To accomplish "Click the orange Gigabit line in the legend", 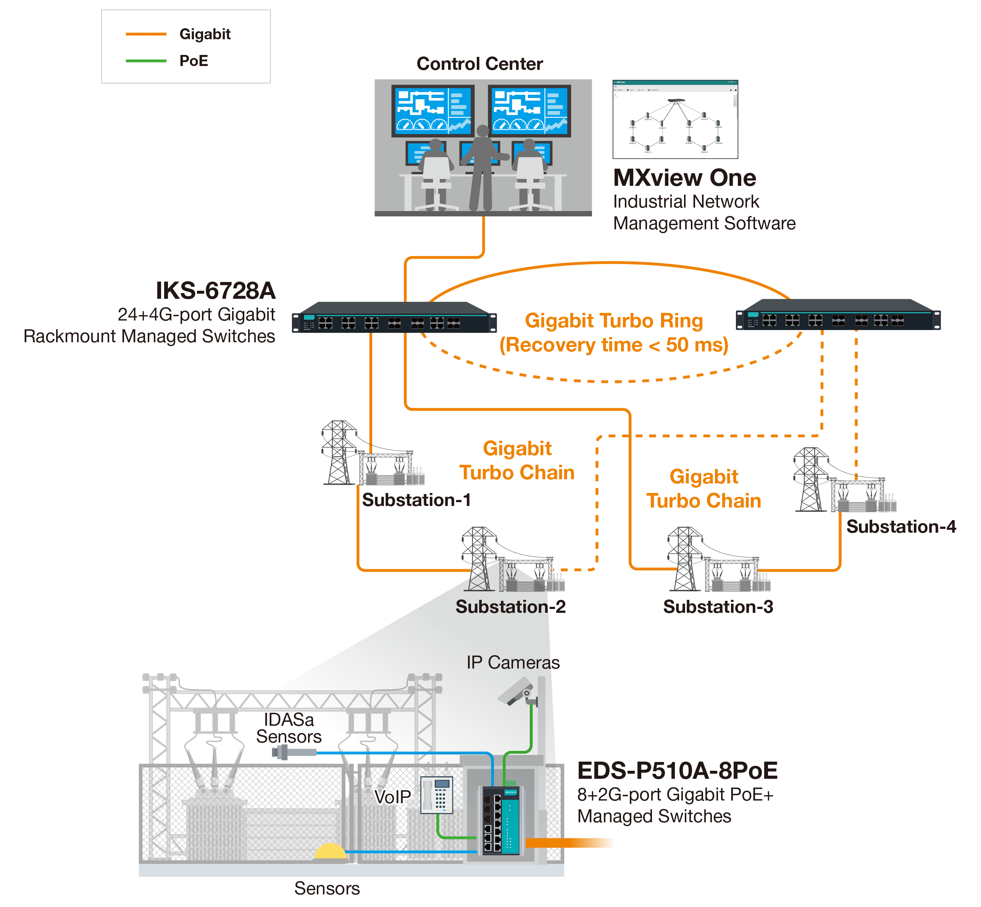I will click(146, 34).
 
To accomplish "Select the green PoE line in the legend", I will click(146, 61).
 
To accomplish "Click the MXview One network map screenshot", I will click(675, 120).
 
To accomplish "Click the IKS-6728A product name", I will click(216, 290).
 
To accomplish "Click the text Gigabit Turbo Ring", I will click(614, 321).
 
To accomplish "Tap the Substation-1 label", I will click(416, 500).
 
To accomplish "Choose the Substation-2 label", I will click(511, 607).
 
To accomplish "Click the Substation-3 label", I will click(718, 607).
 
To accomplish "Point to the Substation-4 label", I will click(902, 527).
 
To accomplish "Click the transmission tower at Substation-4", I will click(810, 480).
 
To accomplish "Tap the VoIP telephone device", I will click(437, 795).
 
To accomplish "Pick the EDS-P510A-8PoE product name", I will click(677, 770).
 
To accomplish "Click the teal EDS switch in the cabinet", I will click(501, 820).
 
